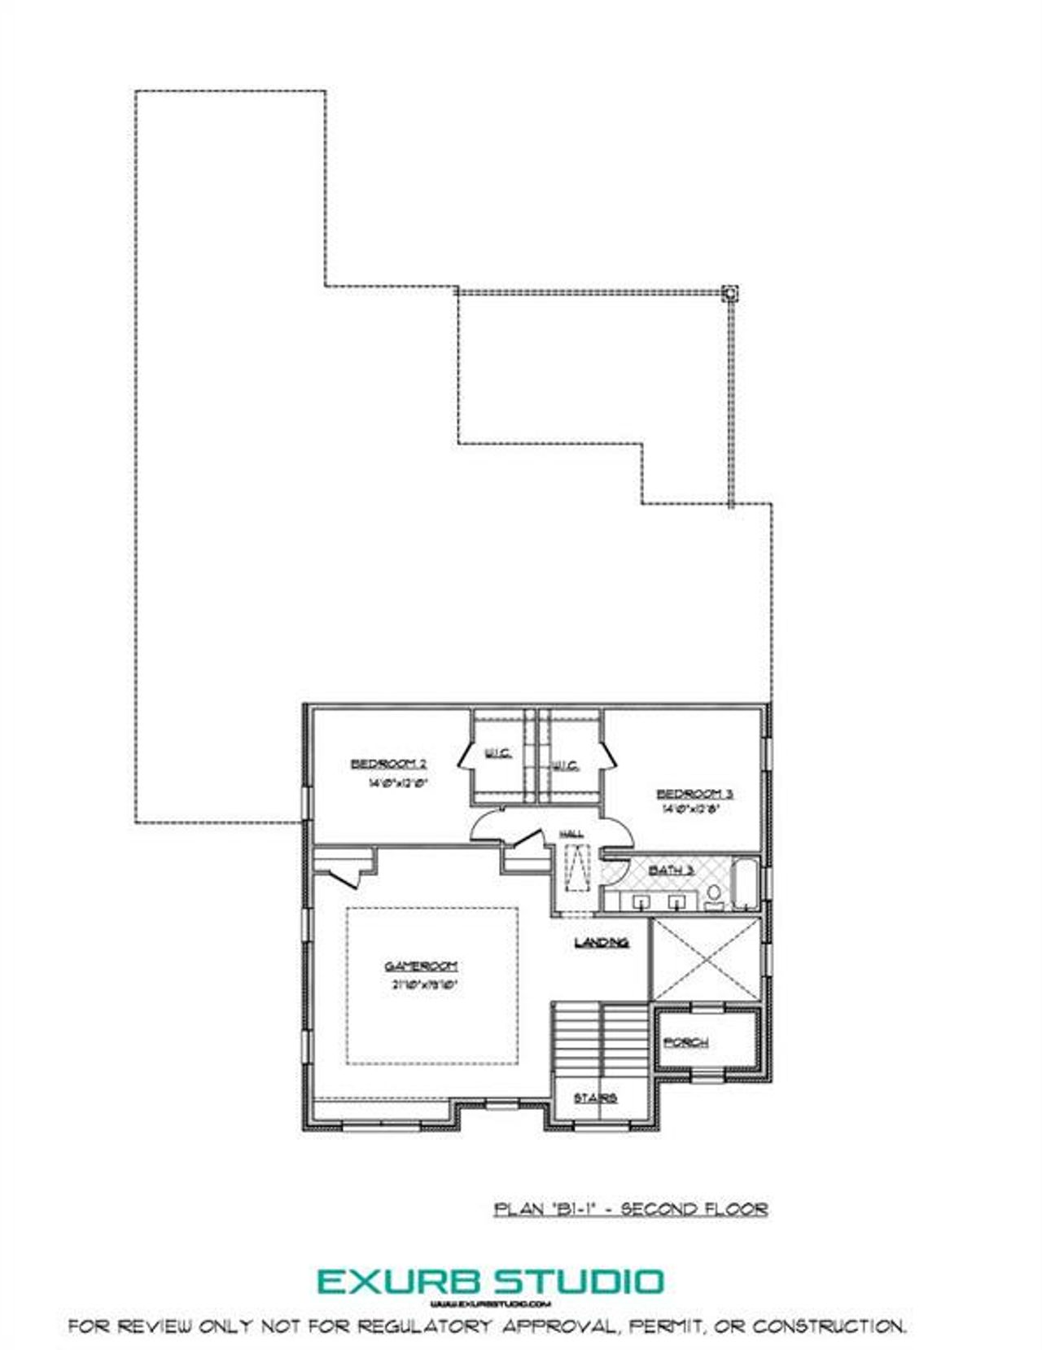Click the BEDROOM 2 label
pyautogui.click(x=388, y=764)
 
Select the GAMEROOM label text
pyautogui.click(x=421, y=966)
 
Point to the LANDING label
pyautogui.click(x=602, y=943)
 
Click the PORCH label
pyautogui.click(x=685, y=1042)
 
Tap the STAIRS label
pyautogui.click(x=595, y=1098)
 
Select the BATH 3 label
pyautogui.click(x=671, y=870)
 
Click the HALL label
pyautogui.click(x=571, y=834)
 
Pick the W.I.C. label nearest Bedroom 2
pyautogui.click(x=498, y=753)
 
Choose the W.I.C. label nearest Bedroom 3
pyautogui.click(x=565, y=765)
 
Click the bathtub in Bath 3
pyautogui.click(x=745, y=883)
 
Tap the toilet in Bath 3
pyautogui.click(x=714, y=896)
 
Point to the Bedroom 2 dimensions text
pyautogui.click(x=398, y=783)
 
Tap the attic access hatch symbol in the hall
pyautogui.click(x=578, y=868)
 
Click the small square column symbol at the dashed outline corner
pyautogui.click(x=730, y=292)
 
